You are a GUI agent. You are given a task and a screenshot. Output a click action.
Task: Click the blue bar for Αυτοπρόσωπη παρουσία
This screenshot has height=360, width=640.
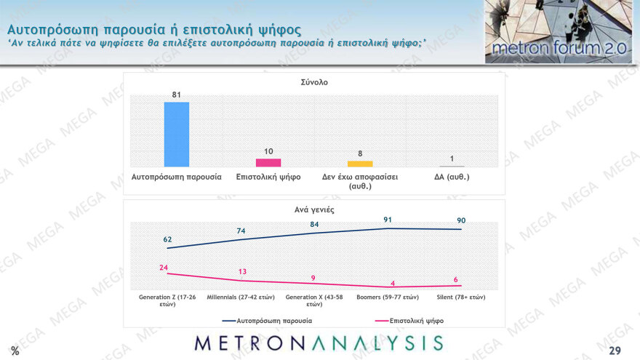(x=177, y=135)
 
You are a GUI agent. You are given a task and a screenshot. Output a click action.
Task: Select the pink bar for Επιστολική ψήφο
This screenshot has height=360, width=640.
(x=268, y=163)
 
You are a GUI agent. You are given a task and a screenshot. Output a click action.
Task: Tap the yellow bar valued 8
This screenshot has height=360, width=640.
(x=360, y=164)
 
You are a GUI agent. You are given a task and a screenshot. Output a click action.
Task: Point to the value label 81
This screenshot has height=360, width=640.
(x=177, y=95)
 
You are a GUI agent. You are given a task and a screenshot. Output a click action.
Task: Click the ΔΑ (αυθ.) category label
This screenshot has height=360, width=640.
(x=452, y=177)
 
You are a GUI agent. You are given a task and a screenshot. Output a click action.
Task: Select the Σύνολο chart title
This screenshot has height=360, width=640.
(x=314, y=82)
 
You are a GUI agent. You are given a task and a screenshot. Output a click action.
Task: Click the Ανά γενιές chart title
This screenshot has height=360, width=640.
(x=314, y=209)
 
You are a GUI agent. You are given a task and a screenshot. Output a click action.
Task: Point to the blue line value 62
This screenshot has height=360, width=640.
(x=168, y=239)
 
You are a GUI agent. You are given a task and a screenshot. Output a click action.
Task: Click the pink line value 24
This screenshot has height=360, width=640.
(x=164, y=267)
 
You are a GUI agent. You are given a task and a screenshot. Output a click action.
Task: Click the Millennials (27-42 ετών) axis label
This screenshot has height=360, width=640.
(x=241, y=297)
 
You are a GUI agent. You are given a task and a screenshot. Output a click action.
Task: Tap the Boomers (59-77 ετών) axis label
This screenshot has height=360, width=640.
(x=387, y=297)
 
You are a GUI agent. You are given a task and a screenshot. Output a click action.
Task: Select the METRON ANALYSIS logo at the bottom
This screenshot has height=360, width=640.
(x=319, y=343)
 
